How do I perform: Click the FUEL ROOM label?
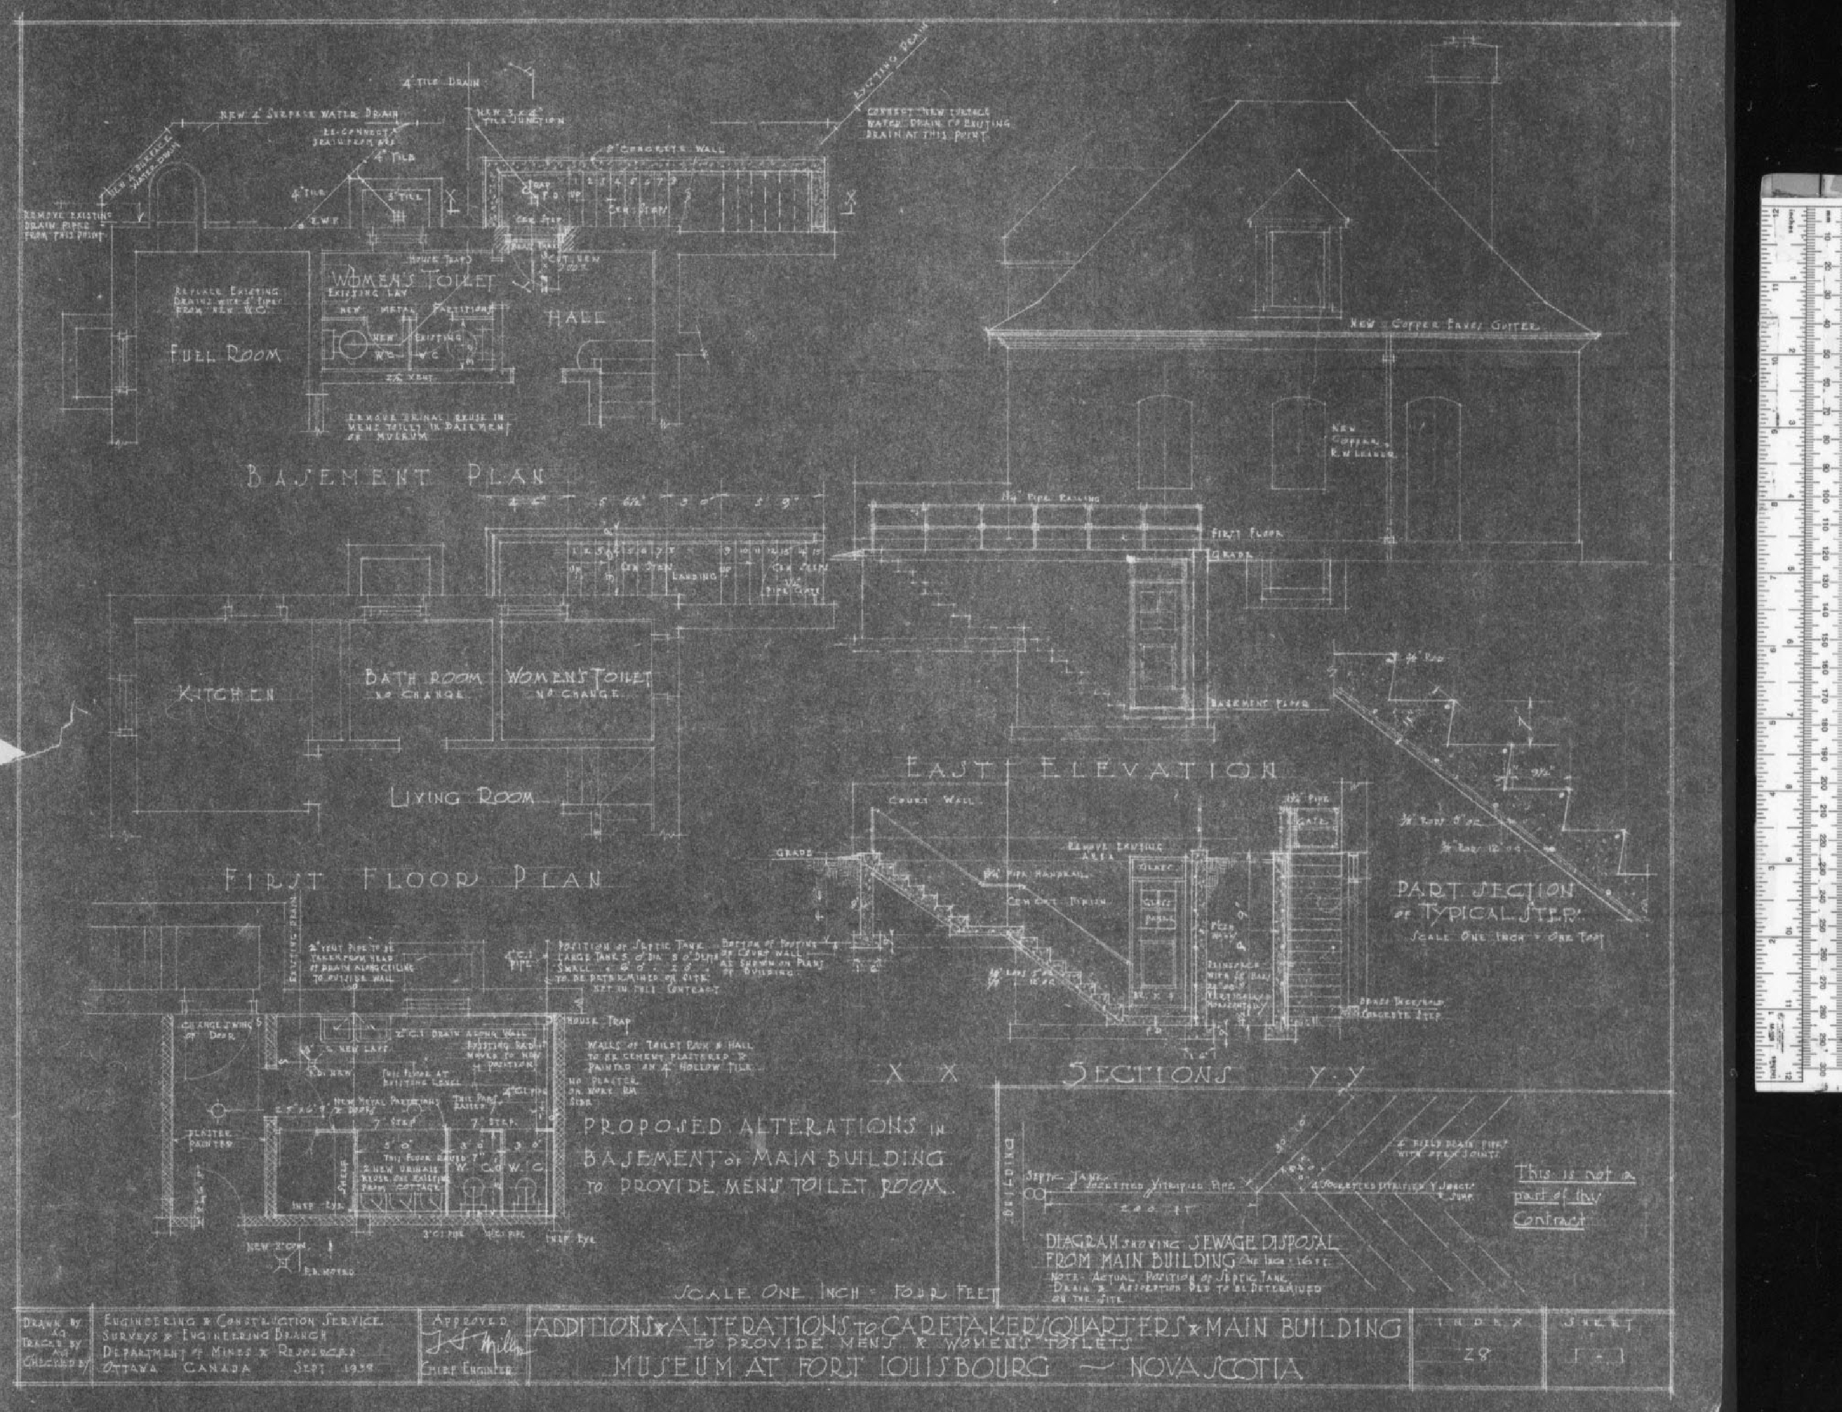click(x=225, y=355)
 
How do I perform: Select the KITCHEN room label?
click(x=225, y=694)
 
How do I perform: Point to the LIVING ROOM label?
click(x=462, y=797)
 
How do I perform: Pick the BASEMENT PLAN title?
click(x=395, y=477)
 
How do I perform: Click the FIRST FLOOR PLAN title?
click(x=412, y=880)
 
